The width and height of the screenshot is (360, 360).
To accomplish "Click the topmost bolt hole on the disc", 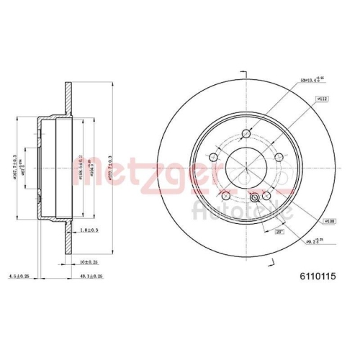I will (247, 134).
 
